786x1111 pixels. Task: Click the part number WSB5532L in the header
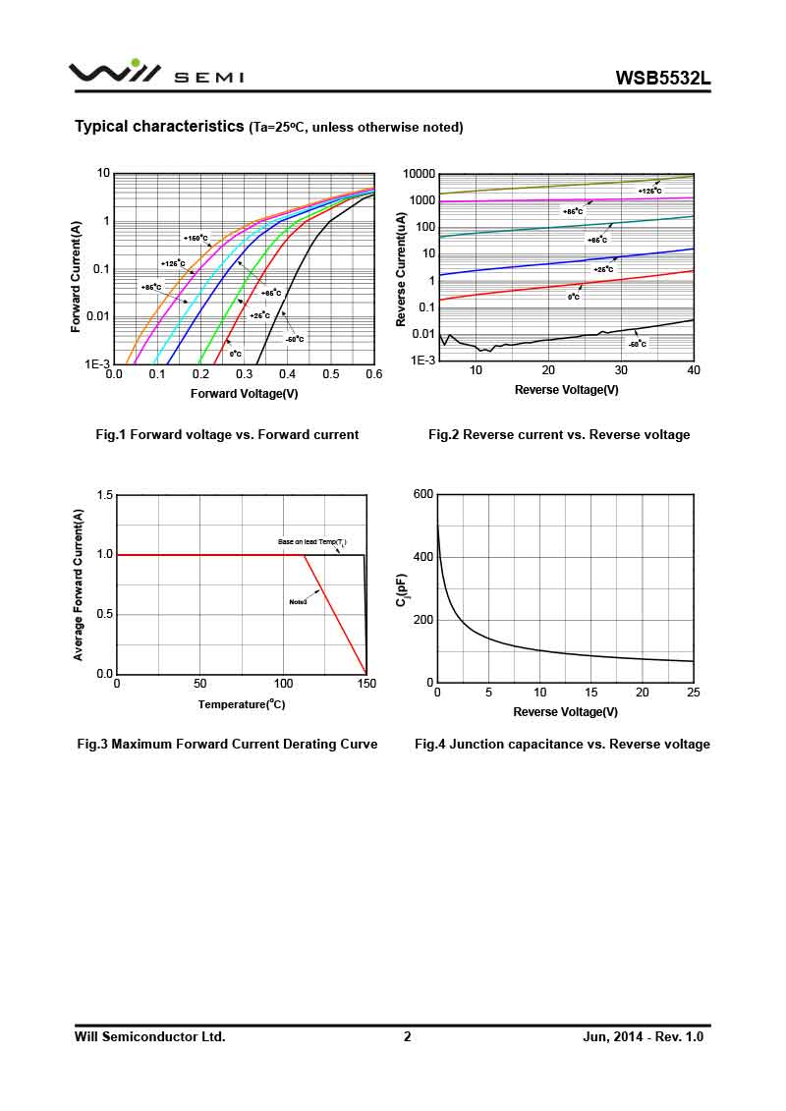(662, 78)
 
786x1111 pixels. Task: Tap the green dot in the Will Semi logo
(136, 63)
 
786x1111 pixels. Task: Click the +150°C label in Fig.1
(196, 238)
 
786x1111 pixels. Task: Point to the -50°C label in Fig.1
(294, 339)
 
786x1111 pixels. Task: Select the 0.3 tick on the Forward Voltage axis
(244, 373)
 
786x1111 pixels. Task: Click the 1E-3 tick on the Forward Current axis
(97, 363)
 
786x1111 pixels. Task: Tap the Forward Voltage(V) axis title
(244, 394)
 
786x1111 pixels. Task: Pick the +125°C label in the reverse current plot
(649, 191)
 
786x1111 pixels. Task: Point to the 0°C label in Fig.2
(573, 297)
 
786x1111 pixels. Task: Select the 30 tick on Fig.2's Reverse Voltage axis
(621, 370)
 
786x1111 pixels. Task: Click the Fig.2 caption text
(559, 434)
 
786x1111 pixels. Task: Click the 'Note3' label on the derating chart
(298, 601)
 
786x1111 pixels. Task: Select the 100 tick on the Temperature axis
(283, 683)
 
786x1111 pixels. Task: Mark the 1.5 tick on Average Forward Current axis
(104, 495)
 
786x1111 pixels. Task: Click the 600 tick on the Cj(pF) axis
(422, 494)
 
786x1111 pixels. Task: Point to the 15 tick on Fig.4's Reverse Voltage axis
(590, 692)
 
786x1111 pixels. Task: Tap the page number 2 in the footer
(407, 1036)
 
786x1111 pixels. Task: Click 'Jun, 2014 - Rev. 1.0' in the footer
(644, 1036)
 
